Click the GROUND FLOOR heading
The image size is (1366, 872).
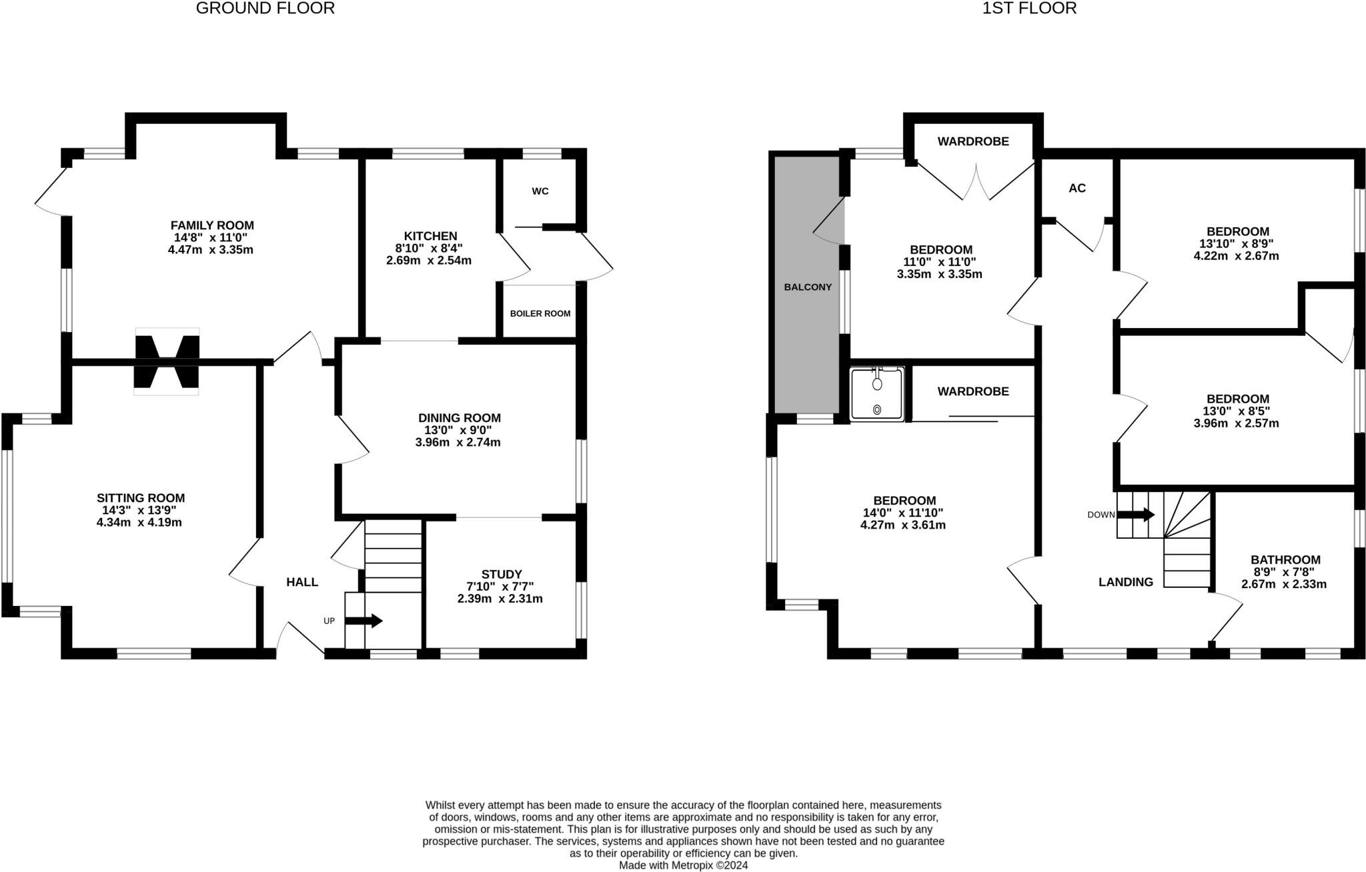click(265, 9)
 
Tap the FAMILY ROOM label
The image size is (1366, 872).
click(211, 225)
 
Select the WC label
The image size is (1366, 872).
click(540, 191)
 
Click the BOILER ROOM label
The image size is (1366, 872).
click(540, 313)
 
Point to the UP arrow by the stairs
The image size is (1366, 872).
click(364, 621)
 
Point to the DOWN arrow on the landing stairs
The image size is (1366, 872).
click(1136, 515)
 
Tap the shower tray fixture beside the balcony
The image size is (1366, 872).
click(877, 394)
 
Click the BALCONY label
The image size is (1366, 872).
click(807, 287)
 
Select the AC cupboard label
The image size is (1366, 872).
click(1077, 189)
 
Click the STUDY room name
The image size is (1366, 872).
click(501, 574)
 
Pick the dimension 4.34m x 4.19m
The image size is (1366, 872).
click(139, 523)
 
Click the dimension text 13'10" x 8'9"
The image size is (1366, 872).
click(1236, 244)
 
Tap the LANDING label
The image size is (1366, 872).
click(1125, 582)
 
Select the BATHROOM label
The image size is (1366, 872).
click(1285, 560)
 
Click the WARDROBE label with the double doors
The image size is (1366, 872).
click(972, 141)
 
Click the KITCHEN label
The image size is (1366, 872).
click(430, 236)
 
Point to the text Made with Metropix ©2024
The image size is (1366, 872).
click(683, 865)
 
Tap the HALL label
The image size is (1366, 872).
click(302, 582)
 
